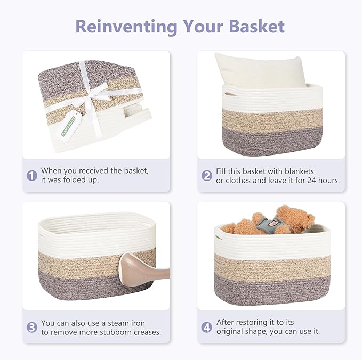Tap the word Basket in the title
pos(252,26)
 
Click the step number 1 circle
pos(32,175)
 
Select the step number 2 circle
pos(207,175)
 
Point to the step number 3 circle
pos(32,328)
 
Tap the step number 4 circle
pos(207,327)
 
